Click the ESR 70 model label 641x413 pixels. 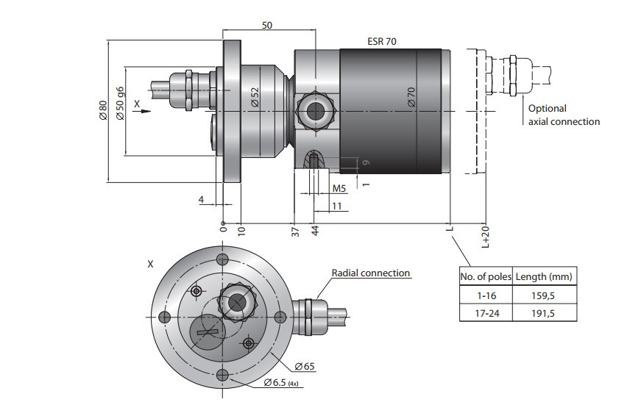pos(382,41)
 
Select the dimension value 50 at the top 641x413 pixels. pos(267,25)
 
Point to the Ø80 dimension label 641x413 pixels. pos(103,110)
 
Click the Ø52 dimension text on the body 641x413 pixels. pos(255,98)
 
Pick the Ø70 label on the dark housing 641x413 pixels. pos(411,98)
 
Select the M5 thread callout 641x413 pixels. pos(339,189)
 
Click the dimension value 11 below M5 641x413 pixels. pos(337,206)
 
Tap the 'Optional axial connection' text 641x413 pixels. pos(564,115)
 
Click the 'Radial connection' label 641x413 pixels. pos(370,273)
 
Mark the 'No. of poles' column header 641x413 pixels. pos(485,276)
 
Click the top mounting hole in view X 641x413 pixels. pos(222,259)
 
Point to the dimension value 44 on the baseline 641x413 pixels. pos(315,232)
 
